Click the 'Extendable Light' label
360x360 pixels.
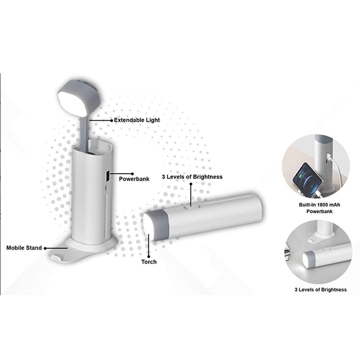coord(137,120)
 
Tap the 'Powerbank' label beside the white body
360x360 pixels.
coord(134,179)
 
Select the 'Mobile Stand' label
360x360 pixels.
coord(24,248)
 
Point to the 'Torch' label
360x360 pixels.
coord(149,262)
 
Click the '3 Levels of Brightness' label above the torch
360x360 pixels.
coord(192,177)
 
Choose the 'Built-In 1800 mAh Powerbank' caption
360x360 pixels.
coord(319,208)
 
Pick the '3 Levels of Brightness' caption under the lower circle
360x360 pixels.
coord(320,290)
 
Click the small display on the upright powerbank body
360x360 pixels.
coord(107,176)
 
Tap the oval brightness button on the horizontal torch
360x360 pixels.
coord(191,208)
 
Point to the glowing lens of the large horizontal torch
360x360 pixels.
coord(148,227)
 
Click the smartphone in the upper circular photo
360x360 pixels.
coord(307,179)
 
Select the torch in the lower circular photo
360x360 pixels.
coord(327,257)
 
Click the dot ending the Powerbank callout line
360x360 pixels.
coord(132,174)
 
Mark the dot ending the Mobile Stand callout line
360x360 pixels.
coord(45,248)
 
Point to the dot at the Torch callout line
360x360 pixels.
coord(149,256)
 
